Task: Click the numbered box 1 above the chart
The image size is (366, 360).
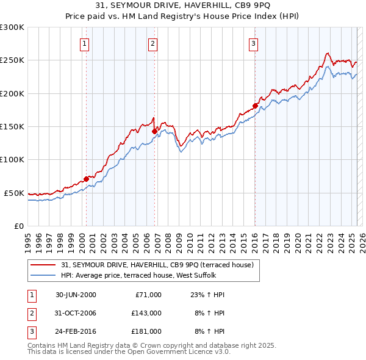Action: point(84,43)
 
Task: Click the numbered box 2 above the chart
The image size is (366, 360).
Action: point(152,43)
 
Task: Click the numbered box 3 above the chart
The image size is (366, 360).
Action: point(253,43)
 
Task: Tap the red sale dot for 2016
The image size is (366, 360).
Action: point(255,106)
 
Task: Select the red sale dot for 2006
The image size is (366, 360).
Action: point(155,131)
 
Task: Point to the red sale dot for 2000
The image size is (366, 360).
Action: point(86,178)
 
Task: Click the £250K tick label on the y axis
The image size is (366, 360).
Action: point(12,60)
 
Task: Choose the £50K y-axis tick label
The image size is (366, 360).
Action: point(14,193)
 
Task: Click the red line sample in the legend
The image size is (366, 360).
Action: point(43,265)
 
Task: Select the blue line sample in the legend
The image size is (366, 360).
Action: point(43,275)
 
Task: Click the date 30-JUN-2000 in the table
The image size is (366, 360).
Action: point(76,295)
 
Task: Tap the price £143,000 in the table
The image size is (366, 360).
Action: point(146,313)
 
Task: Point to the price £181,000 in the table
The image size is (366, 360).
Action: point(146,331)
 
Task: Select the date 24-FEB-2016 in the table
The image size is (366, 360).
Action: point(76,331)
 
